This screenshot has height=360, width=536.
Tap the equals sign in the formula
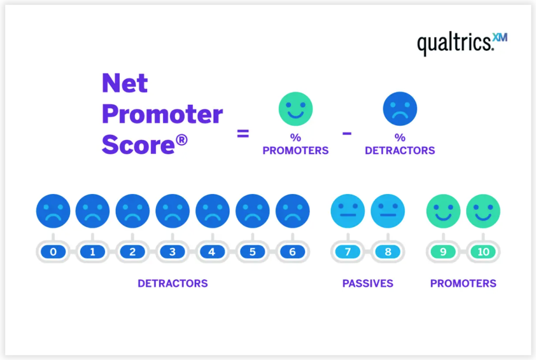point(243,133)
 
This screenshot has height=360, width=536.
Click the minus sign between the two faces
point(347,133)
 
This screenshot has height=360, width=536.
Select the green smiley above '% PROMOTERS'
point(295,109)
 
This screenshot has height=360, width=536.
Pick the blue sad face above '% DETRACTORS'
point(400,109)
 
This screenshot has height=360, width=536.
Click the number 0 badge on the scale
point(53,252)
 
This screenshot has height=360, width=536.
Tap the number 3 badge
point(172,252)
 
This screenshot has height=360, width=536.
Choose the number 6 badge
point(292,252)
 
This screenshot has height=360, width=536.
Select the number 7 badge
point(348,252)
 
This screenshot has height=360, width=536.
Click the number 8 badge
point(387,252)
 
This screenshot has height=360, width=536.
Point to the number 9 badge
point(443,252)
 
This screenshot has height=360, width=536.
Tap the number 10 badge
point(483,252)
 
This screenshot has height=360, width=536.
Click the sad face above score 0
point(53,211)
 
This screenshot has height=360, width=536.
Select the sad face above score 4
point(212,211)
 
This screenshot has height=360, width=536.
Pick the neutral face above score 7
point(348,211)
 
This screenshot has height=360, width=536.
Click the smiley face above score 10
point(483,211)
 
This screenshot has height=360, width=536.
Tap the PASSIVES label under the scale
point(367,284)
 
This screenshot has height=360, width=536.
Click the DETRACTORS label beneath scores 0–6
point(173,284)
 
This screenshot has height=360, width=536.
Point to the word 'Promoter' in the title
point(162,115)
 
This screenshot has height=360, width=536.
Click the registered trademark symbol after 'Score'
point(181,140)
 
